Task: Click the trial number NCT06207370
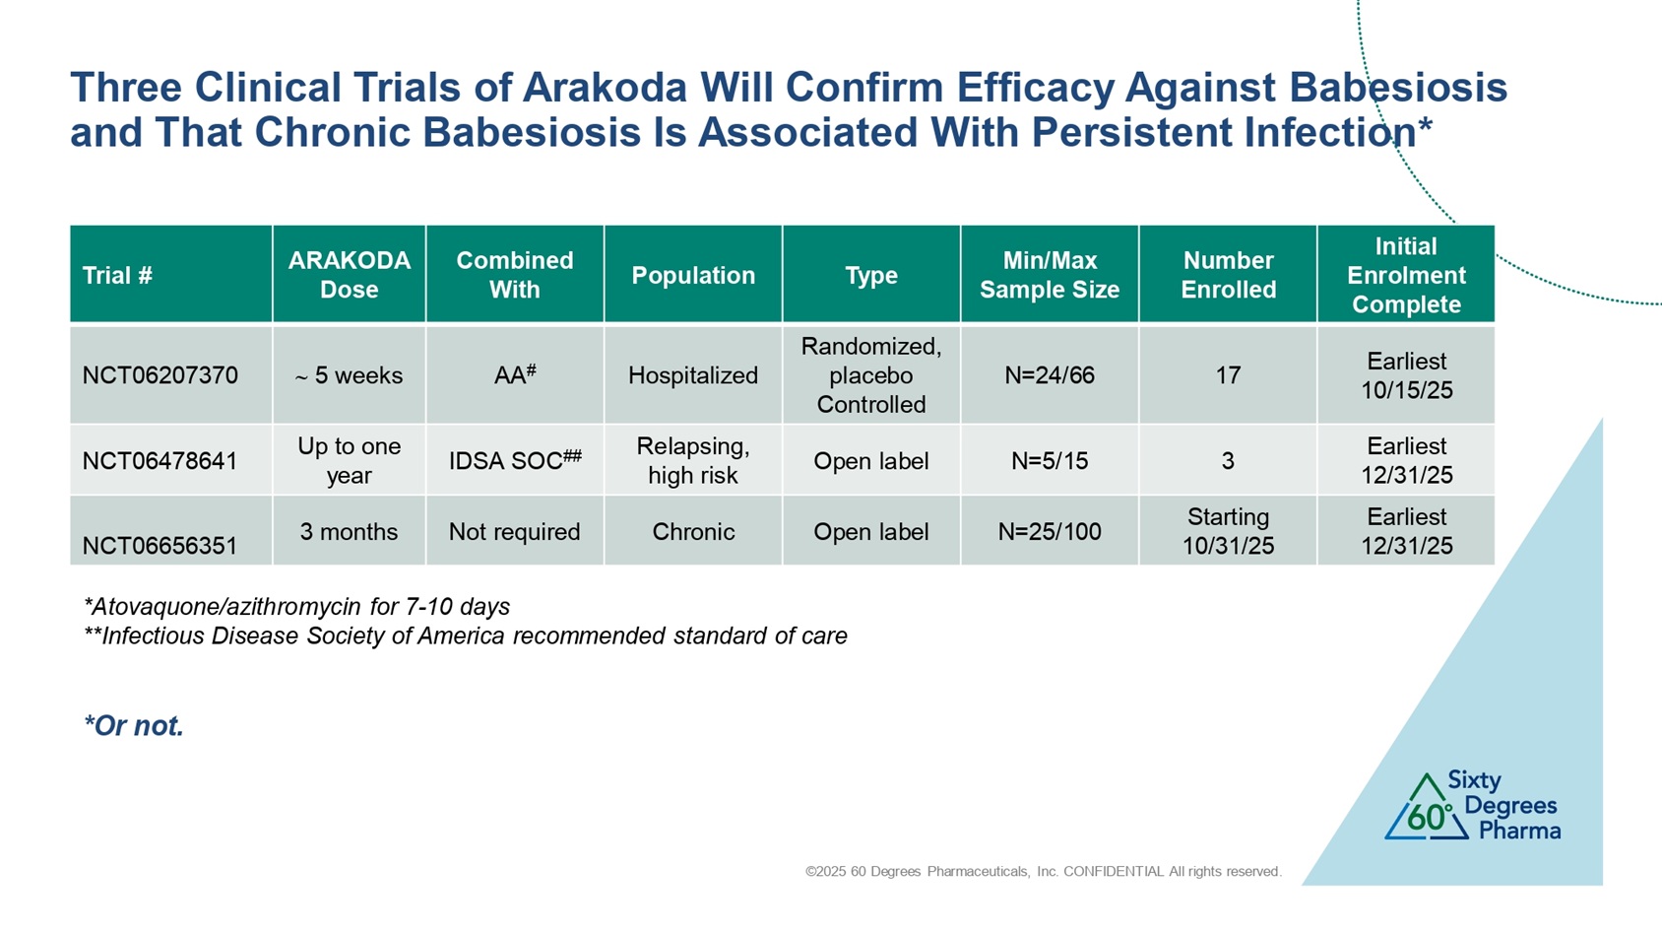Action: tap(160, 375)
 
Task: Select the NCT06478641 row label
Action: tap(160, 461)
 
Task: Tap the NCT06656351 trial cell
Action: tap(160, 546)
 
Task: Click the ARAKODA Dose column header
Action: tap(349, 275)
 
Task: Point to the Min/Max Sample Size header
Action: tap(1050, 275)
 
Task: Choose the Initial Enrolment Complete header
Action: tap(1406, 275)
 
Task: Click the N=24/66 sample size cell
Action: tap(1050, 375)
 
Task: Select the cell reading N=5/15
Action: tap(1050, 461)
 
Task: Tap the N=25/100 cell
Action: tap(1050, 531)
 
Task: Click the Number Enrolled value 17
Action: tap(1228, 375)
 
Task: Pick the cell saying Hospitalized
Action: tap(693, 375)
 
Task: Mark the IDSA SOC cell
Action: tap(515, 460)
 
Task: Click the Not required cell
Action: tap(514, 531)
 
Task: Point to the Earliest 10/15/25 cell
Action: tap(1407, 375)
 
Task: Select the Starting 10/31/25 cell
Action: tap(1228, 531)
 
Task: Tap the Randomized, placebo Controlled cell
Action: tap(871, 375)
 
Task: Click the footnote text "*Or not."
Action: tap(134, 725)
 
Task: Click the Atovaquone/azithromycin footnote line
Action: tap(296, 607)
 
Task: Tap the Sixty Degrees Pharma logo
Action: tap(1472, 806)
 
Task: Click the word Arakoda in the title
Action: tap(605, 87)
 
